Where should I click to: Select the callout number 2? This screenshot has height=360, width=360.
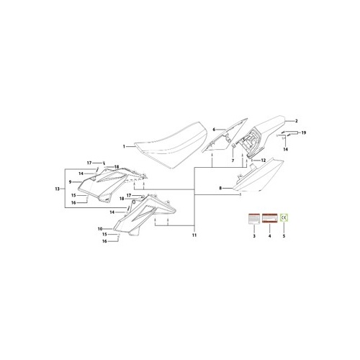click(296, 122)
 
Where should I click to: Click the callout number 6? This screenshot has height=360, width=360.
click(214, 130)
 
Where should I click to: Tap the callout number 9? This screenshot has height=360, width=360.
click(71, 182)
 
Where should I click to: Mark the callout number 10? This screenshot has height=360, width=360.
click(101, 229)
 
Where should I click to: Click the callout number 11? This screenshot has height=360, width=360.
click(193, 235)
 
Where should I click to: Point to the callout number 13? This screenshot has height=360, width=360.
click(57, 189)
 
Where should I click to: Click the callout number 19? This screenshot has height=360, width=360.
click(304, 133)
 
